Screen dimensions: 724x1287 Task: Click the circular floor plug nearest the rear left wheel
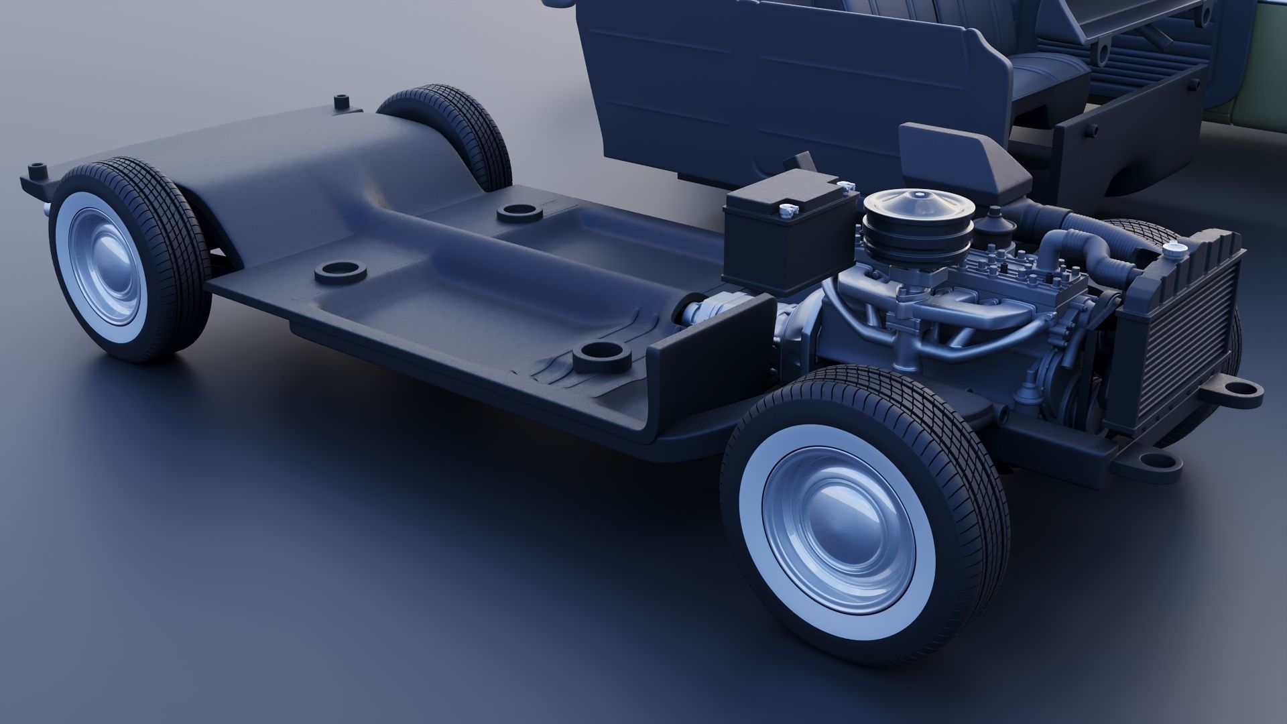(341, 272)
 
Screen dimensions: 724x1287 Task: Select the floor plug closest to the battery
(520, 213)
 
